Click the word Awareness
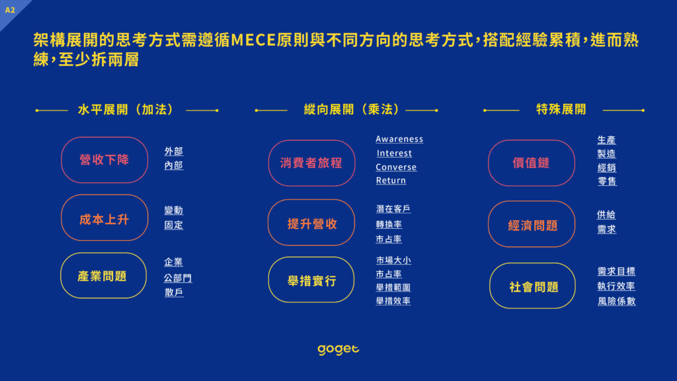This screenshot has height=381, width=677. click(x=399, y=139)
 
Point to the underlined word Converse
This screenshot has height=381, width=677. click(x=396, y=167)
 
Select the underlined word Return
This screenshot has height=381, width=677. click(x=391, y=181)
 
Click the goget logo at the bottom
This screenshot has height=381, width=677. click(x=338, y=349)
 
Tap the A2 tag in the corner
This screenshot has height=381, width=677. click(x=10, y=10)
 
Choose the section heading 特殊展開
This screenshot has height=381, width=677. click(x=561, y=109)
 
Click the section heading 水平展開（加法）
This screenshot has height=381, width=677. click(x=126, y=110)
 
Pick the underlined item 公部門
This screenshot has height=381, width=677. click(x=177, y=278)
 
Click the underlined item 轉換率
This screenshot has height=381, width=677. click(x=389, y=224)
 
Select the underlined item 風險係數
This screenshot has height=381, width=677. click(x=617, y=301)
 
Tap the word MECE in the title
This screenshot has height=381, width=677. click(x=254, y=40)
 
